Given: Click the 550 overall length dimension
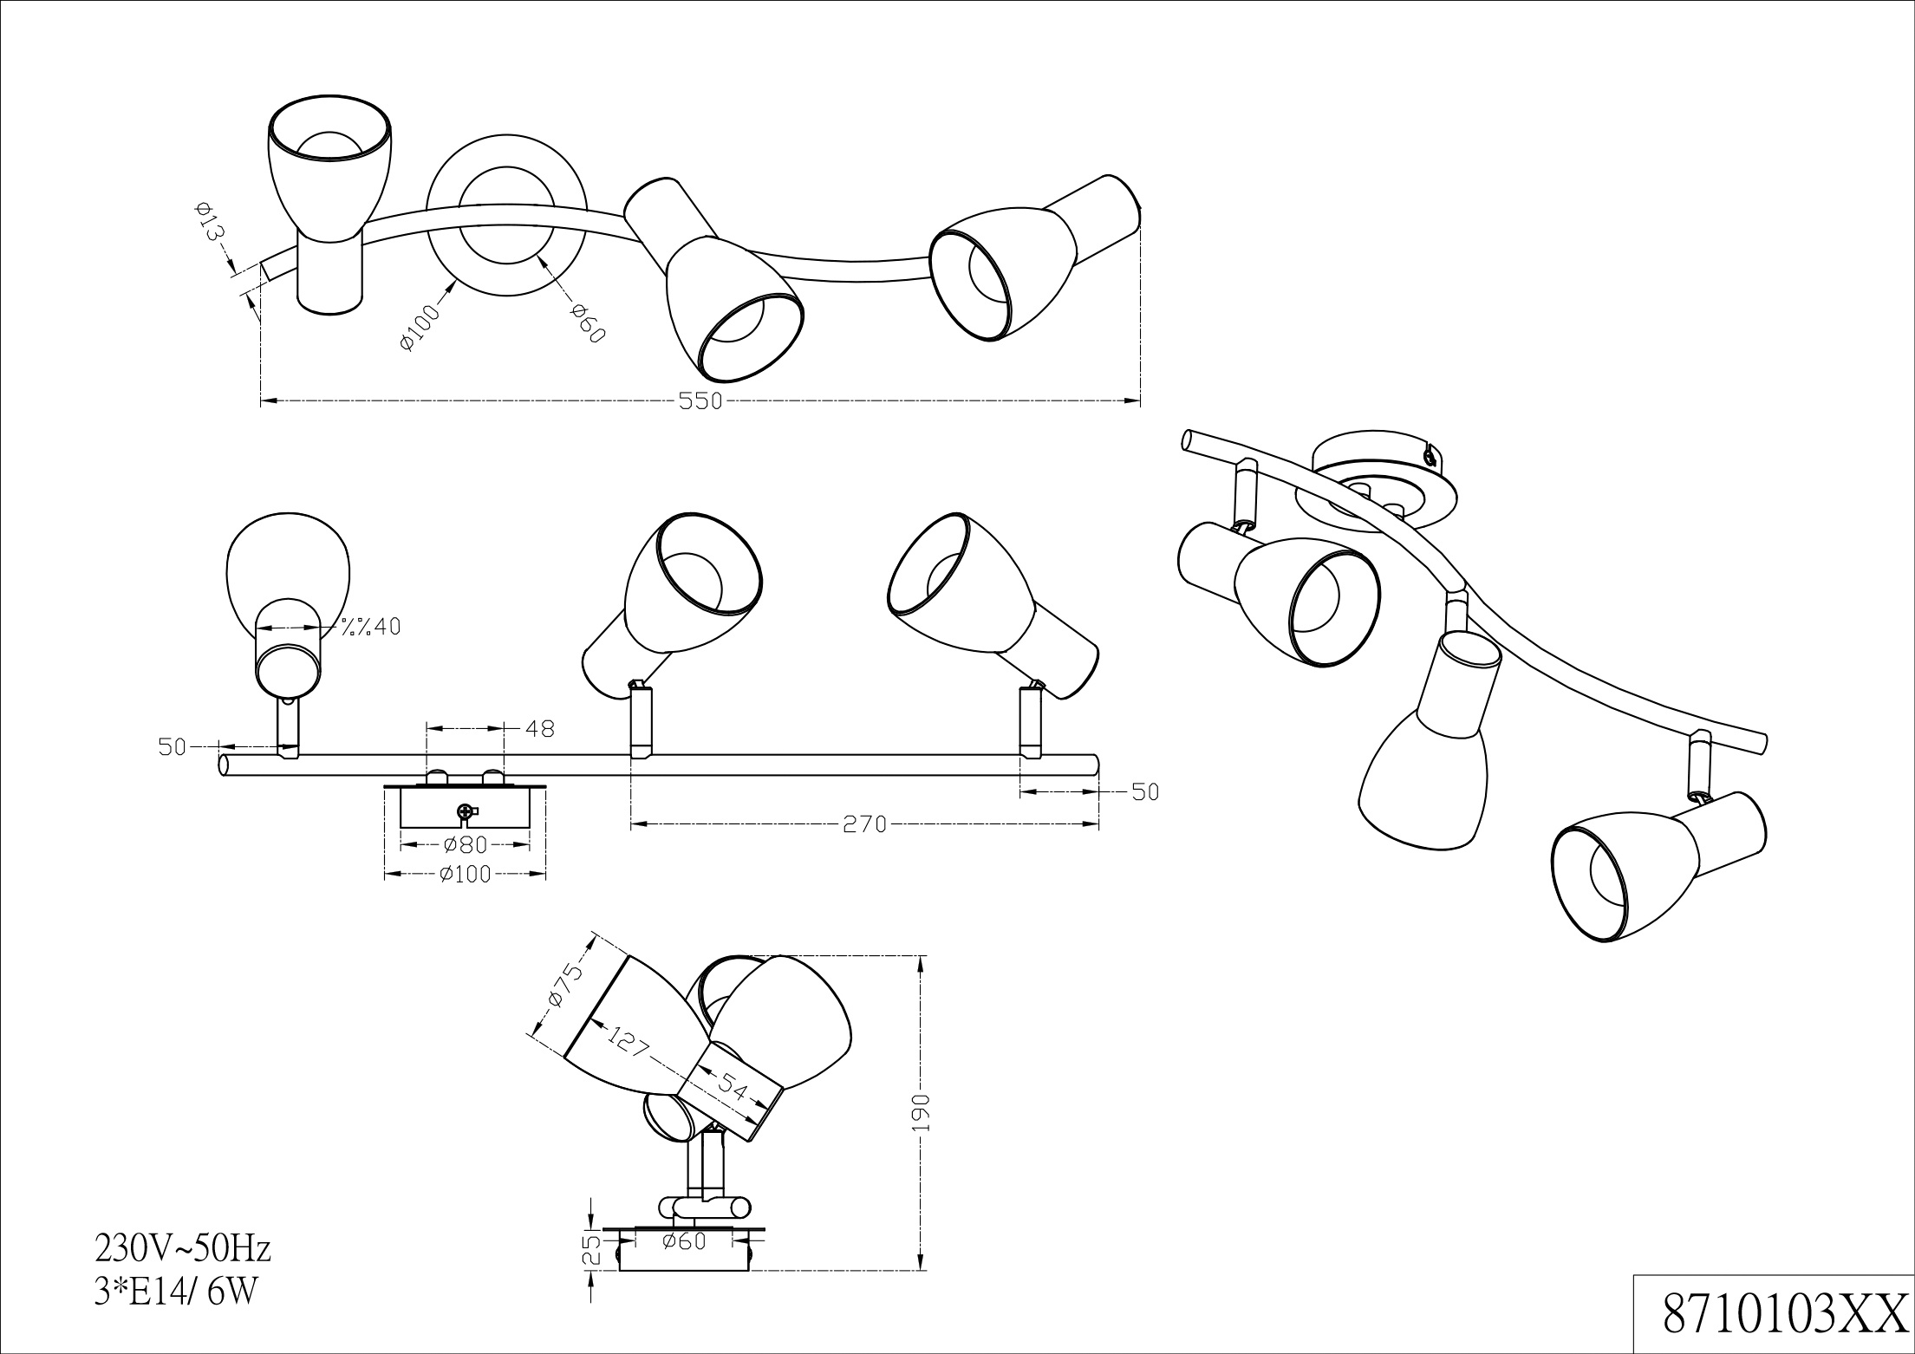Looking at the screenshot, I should (701, 401).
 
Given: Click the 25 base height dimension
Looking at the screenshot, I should (590, 1250).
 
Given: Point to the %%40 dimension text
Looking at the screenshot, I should (370, 627).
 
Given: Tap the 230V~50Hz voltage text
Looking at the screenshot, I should (183, 1249).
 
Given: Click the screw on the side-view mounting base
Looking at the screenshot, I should (466, 812).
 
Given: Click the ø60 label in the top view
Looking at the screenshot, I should (585, 322).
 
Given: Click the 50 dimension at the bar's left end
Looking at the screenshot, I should (173, 746).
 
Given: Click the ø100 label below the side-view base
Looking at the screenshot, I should (465, 875).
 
